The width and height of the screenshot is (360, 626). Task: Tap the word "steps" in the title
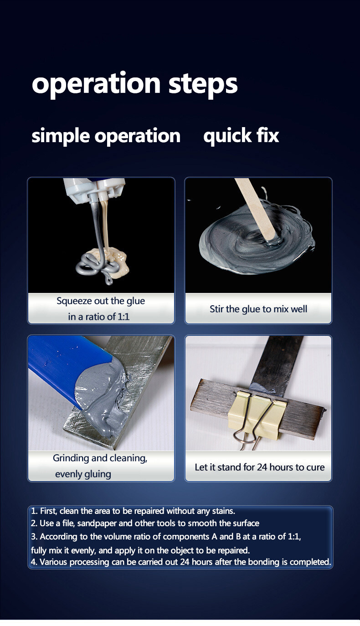click(x=203, y=84)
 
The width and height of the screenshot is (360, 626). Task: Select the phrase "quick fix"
click(x=241, y=136)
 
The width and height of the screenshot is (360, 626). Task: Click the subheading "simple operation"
click(x=106, y=136)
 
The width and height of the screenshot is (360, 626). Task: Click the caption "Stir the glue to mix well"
click(x=258, y=309)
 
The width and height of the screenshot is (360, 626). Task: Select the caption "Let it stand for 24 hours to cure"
click(x=259, y=467)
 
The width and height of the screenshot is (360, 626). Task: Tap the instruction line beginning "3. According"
click(x=166, y=537)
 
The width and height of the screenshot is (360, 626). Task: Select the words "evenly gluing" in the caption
click(x=83, y=474)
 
